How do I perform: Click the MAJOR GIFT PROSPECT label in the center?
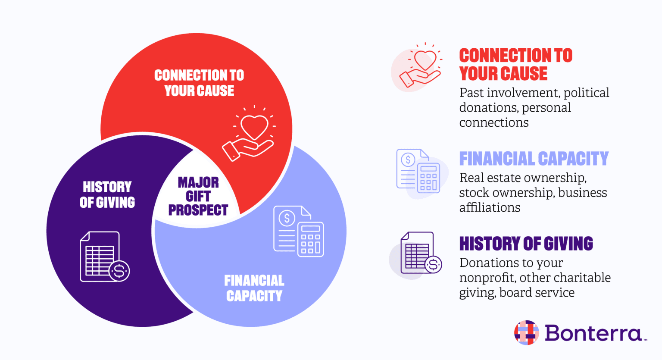(198, 196)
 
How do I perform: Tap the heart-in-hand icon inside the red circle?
(250, 134)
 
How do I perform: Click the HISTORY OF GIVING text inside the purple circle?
(107, 194)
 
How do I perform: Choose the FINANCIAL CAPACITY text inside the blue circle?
(254, 288)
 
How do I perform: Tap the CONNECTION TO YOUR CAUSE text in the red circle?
(199, 83)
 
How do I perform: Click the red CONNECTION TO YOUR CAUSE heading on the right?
(515, 65)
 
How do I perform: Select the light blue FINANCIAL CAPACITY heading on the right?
(534, 159)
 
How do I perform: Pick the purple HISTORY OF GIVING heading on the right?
(526, 244)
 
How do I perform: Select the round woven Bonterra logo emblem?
(527, 332)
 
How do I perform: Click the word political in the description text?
(586, 93)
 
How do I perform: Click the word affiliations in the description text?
(490, 207)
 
